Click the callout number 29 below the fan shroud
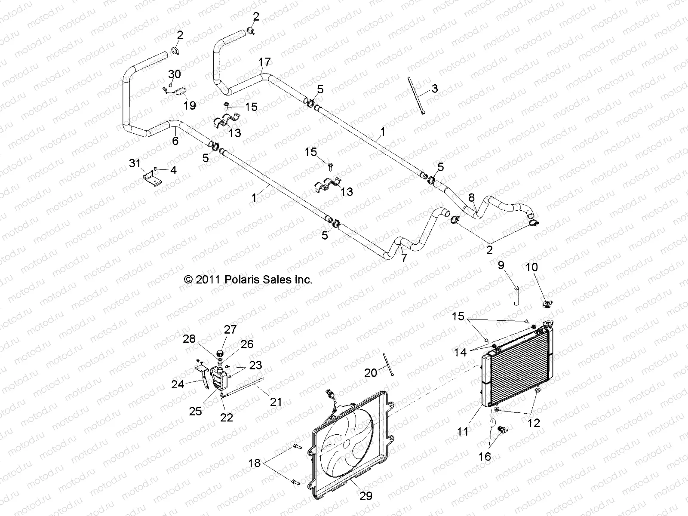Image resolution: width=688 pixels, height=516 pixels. click(x=365, y=496)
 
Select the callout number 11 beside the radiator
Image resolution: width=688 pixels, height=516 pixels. click(x=463, y=431)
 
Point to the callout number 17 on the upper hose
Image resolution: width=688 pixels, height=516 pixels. click(x=265, y=62)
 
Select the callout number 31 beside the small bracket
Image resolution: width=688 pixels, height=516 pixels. click(x=135, y=163)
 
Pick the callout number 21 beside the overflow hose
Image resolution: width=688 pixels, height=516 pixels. click(x=276, y=402)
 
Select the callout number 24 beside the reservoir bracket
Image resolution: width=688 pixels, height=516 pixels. click(x=178, y=384)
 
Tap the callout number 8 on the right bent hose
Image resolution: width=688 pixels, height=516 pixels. click(x=472, y=198)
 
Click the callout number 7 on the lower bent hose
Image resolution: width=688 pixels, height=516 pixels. click(x=404, y=258)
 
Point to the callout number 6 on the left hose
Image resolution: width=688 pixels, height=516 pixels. click(x=175, y=141)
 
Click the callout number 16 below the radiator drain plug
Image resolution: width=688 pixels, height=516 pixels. click(x=485, y=456)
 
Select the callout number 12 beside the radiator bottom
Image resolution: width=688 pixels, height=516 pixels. click(x=534, y=423)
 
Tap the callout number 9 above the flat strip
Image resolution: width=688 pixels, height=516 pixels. click(x=501, y=265)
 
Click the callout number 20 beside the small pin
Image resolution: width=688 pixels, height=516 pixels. click(x=371, y=372)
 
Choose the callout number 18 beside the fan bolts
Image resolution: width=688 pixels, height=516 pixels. click(x=254, y=463)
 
